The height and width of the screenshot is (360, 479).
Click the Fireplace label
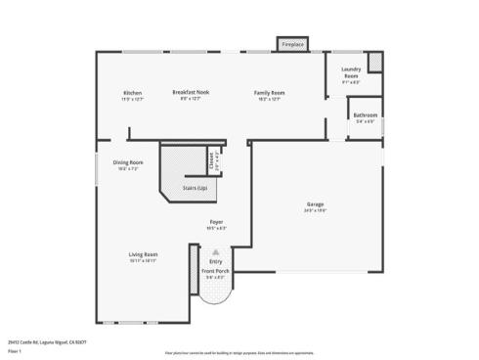(291, 45)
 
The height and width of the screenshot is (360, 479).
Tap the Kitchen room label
(132, 92)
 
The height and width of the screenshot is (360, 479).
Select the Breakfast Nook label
(192, 92)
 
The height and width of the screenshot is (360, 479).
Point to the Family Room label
(269, 92)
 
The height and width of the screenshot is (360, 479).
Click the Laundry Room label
(351, 72)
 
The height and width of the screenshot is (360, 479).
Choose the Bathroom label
(365, 117)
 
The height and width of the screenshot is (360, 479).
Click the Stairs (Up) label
(196, 187)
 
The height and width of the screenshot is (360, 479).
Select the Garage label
(315, 203)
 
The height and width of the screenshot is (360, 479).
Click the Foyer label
(216, 222)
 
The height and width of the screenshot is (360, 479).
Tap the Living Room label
(143, 254)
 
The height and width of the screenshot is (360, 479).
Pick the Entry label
(215, 261)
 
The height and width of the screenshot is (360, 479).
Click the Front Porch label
(215, 271)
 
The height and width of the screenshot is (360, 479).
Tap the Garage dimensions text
(315, 210)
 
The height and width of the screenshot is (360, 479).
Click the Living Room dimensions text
(143, 261)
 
